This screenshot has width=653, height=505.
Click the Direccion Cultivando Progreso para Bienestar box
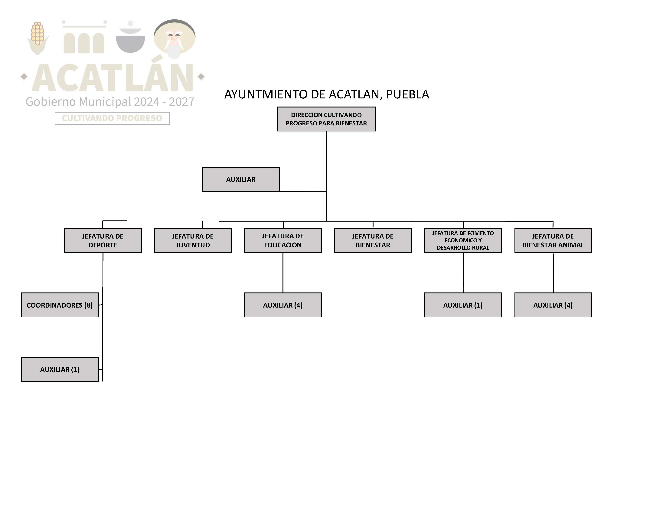(326, 119)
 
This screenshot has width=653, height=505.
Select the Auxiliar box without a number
(241, 179)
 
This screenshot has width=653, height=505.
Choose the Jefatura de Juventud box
(193, 241)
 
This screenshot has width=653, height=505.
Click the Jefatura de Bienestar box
(373, 241)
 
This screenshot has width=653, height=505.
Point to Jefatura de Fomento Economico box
(463, 241)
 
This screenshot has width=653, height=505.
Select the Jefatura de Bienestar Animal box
(553, 241)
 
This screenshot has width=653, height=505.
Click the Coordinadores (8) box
(60, 305)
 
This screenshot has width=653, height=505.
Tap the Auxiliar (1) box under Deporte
(60, 369)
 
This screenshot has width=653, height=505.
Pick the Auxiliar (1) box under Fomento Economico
(463, 305)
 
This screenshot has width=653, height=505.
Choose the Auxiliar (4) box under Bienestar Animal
(553, 305)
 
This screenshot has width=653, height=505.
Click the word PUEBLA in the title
(407, 94)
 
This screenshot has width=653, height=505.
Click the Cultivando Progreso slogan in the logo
(112, 118)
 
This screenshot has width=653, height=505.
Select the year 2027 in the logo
(181, 102)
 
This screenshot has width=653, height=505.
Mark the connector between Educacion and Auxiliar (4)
(283, 272)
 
